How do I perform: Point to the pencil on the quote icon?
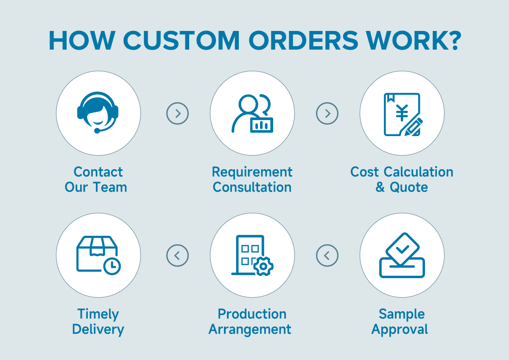point(414,127)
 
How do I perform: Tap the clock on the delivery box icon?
point(112,266)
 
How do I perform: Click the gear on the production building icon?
point(263,266)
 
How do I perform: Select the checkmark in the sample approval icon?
point(403,249)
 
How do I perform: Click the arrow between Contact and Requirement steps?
point(177,113)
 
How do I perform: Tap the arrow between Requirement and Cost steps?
point(327,113)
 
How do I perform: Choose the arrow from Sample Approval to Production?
point(327,255)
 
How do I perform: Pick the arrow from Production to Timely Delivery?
point(177,255)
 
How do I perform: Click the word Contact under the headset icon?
point(98,172)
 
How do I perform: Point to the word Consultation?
point(252,187)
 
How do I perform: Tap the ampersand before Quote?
point(380,187)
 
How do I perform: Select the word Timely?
point(98,314)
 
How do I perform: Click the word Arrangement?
point(250,329)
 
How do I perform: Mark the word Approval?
point(400,329)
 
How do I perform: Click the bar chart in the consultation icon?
point(261,125)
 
